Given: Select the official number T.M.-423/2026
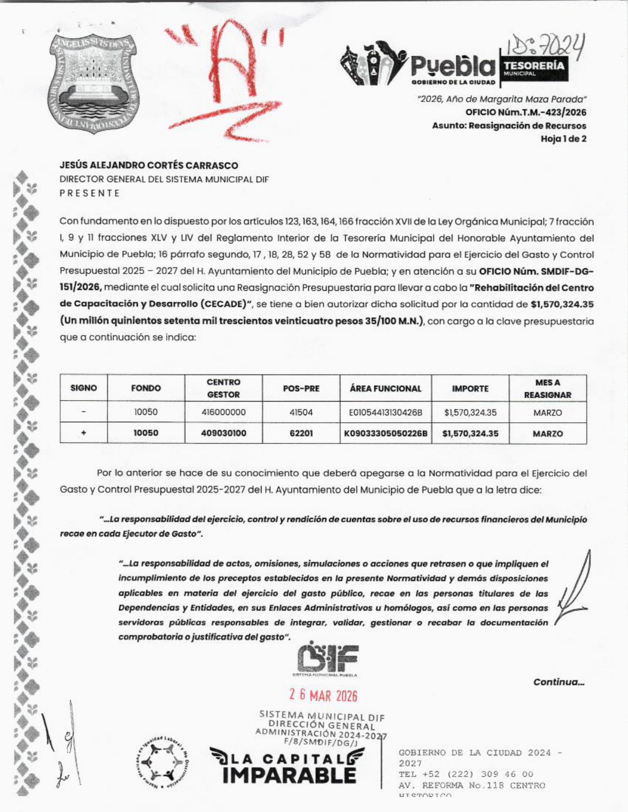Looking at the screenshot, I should click(x=526, y=113).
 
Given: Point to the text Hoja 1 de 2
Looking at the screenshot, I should click(x=563, y=139).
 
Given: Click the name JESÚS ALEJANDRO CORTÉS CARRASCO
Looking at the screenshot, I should click(x=149, y=166).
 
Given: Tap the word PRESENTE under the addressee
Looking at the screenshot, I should click(x=90, y=193).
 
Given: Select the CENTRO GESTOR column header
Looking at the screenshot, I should click(x=223, y=388).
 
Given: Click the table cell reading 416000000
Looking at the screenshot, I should click(x=223, y=412).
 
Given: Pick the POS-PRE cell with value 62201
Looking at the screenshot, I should click(x=301, y=434).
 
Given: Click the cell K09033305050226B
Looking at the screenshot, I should click(x=385, y=434).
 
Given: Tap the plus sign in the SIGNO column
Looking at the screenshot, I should click(x=84, y=433).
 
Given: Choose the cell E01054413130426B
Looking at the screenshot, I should click(x=385, y=412).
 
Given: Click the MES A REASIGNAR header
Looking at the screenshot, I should click(x=547, y=389).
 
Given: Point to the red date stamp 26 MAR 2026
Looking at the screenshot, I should click(x=323, y=695).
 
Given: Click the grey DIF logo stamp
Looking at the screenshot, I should click(x=327, y=658).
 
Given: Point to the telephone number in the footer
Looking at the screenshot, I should click(x=466, y=774).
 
